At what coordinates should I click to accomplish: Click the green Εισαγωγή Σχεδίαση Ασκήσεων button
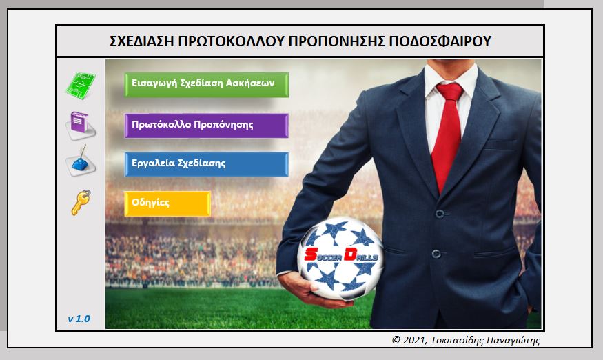pyautogui.click(x=207, y=85)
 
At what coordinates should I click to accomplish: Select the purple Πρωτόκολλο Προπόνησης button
pyautogui.click(x=207, y=126)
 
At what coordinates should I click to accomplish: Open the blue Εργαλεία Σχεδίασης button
pyautogui.click(x=207, y=164)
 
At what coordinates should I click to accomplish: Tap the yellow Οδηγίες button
pyautogui.click(x=167, y=203)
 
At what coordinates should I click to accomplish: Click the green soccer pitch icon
pyautogui.click(x=81, y=84)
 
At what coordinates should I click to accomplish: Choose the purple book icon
pyautogui.click(x=81, y=125)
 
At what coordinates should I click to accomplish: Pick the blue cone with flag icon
pyautogui.click(x=81, y=161)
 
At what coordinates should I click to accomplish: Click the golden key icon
pyautogui.click(x=81, y=202)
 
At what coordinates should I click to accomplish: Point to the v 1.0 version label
pyautogui.click(x=79, y=319)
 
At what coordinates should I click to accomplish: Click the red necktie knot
pyautogui.click(x=450, y=92)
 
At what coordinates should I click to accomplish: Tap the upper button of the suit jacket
pyautogui.click(x=440, y=214)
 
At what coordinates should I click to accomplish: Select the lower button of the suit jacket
pyautogui.click(x=436, y=254)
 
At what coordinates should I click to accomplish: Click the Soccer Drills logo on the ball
pyautogui.click(x=341, y=256)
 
